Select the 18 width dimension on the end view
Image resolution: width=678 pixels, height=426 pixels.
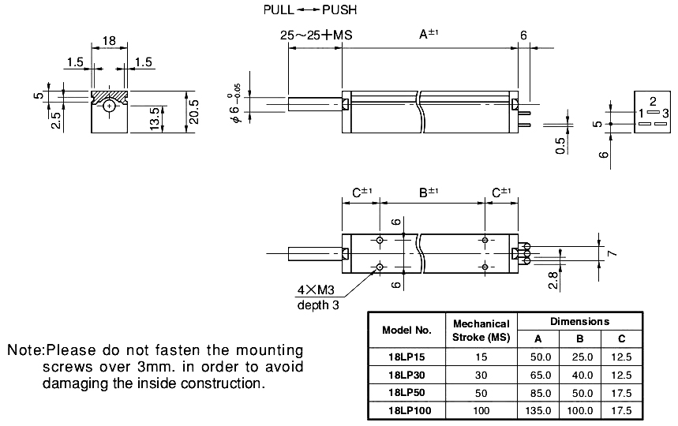[111, 40]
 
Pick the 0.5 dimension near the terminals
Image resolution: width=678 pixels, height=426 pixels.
[559, 147]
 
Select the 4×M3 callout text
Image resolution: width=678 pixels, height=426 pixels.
[315, 290]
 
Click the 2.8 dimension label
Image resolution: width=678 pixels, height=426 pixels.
[553, 279]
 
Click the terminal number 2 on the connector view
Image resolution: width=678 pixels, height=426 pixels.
[653, 102]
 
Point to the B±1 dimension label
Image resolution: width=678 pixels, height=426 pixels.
[429, 192]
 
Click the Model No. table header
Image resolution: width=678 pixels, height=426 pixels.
[407, 330]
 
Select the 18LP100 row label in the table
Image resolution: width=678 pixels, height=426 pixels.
[407, 409]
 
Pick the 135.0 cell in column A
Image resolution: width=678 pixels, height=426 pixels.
[538, 409]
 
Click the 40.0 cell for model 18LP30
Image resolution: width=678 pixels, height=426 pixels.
[579, 375]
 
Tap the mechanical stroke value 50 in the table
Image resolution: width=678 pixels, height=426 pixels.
[481, 392]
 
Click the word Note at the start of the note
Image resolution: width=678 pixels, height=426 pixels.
[24, 349]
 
